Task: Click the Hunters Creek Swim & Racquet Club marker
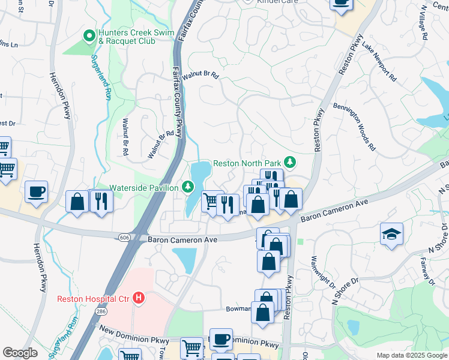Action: pos(89,37)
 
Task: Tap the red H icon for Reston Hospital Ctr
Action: pos(139,298)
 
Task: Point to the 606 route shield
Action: pos(124,238)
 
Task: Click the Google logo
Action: pos(20,352)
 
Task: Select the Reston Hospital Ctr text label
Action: pos(94,298)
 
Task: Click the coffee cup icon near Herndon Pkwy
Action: pos(37,191)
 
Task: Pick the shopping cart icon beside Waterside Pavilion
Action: pos(211,202)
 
